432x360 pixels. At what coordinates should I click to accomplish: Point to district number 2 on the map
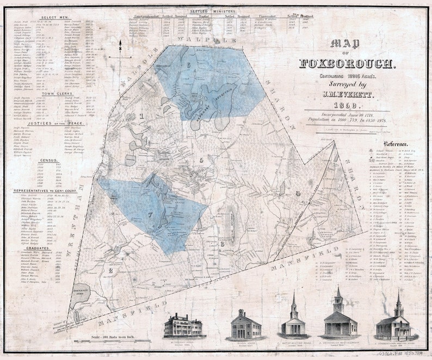(x=110, y=270)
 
